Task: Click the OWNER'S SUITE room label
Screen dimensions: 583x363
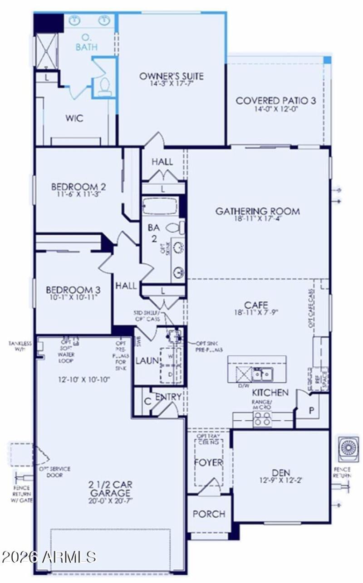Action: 171,76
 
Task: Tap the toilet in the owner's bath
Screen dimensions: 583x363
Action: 105,87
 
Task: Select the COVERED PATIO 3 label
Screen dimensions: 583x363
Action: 275,101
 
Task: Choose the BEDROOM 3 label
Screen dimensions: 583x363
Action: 73,290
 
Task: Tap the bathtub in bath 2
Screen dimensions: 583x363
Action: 160,206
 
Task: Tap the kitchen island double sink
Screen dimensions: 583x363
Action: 263,374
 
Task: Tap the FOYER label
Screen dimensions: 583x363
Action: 208,462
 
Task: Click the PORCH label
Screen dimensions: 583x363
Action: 209,514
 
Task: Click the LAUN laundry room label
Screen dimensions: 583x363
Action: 147,361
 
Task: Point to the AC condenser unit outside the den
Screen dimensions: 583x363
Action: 349,448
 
